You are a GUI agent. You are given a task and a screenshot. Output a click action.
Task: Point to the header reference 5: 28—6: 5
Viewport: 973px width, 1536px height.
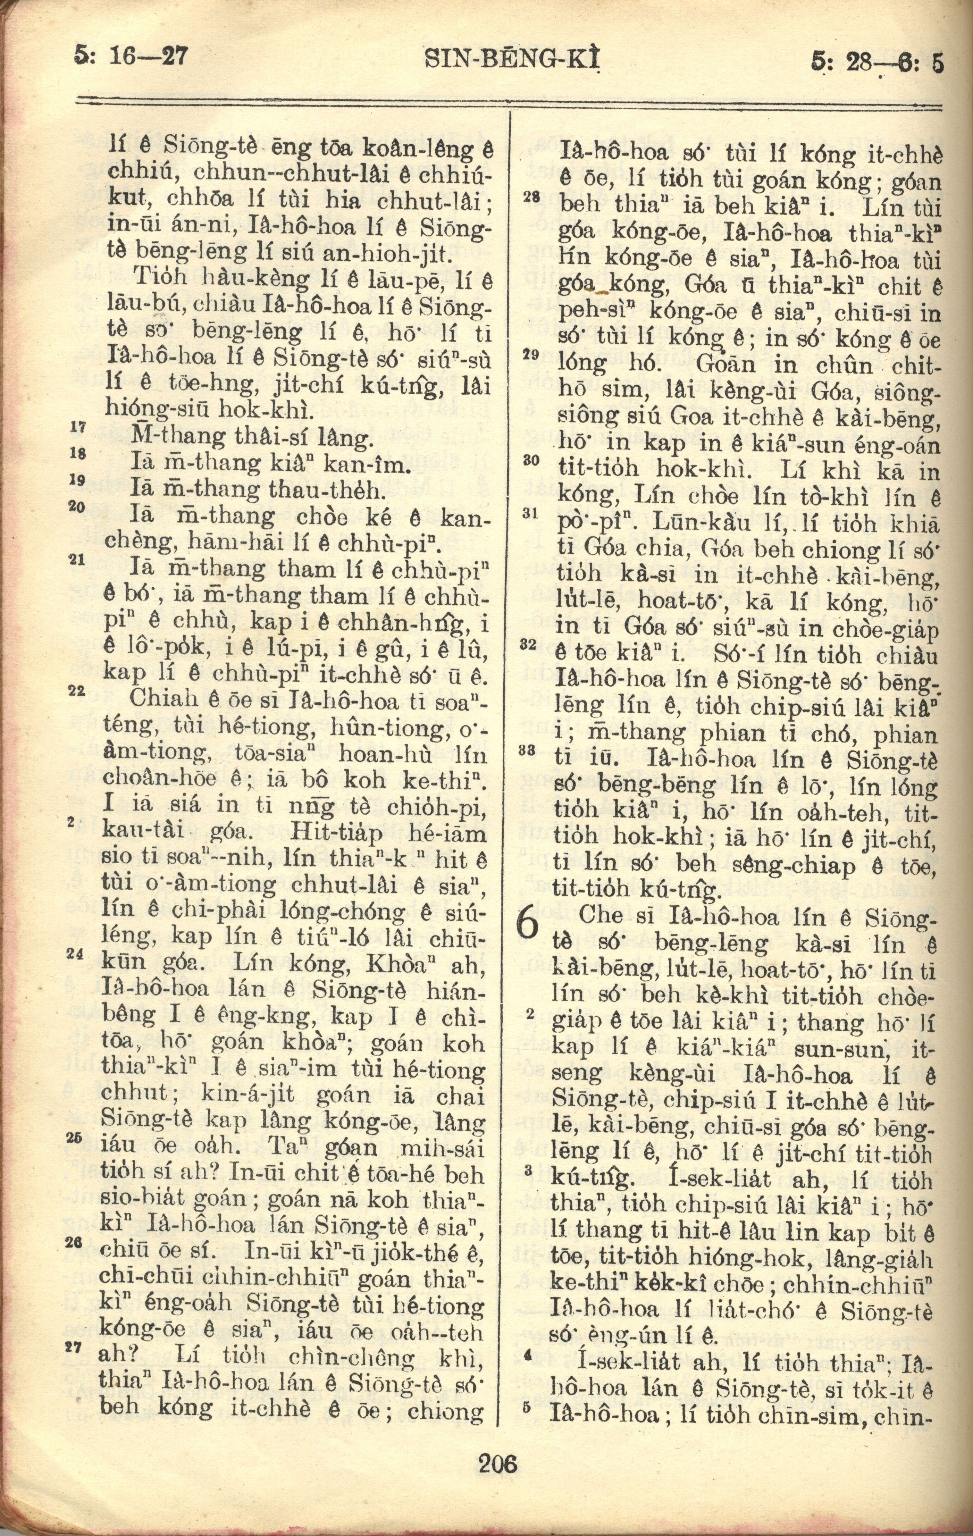click(x=876, y=63)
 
